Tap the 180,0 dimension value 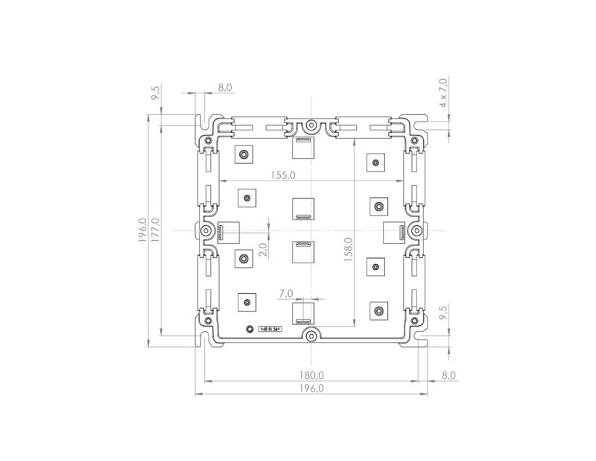pos(311,374)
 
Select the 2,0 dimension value pos(262,250)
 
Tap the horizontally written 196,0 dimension pos(311,389)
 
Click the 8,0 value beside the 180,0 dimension pos(448,374)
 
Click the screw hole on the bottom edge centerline pos(311,337)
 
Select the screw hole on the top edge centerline pos(311,125)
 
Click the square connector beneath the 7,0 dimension pos(303,312)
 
